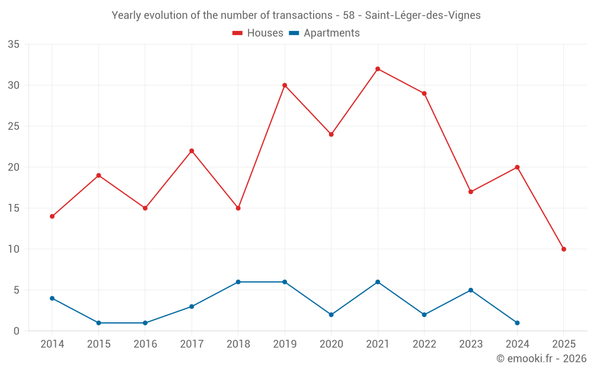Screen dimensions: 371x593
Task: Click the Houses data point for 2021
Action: [x=378, y=69]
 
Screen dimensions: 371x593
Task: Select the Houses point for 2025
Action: [x=563, y=249]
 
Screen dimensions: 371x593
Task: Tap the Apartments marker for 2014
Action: [x=52, y=299]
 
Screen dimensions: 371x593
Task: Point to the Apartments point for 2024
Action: [x=517, y=323]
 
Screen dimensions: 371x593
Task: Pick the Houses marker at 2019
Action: [x=285, y=85]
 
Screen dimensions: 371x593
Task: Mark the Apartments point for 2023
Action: [x=471, y=290]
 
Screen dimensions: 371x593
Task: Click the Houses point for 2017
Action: [x=192, y=151]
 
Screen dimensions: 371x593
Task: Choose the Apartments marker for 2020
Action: [x=331, y=315]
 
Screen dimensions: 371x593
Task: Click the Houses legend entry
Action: [x=258, y=33]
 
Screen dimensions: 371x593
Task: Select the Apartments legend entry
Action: [x=324, y=33]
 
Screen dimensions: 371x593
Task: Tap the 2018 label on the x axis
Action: [x=238, y=344]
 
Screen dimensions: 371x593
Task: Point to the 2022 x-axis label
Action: [x=424, y=344]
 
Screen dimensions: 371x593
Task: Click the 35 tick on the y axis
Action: [x=14, y=45]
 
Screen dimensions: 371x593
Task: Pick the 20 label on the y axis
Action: [x=14, y=167]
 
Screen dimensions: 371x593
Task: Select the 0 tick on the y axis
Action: [x=17, y=331]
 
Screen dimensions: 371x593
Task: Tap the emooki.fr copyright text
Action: [x=541, y=359]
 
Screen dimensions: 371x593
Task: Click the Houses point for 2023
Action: [x=471, y=192]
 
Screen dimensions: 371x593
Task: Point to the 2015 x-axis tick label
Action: [x=98, y=344]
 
